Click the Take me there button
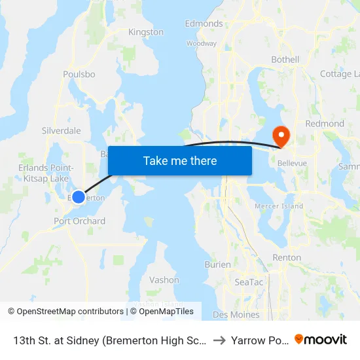180,160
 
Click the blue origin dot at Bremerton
78,197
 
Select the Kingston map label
146,32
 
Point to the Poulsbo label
79,75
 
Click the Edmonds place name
204,24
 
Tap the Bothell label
285,60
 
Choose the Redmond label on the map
325,124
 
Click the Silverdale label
61,131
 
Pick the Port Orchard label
79,221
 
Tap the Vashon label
164,280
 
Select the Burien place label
217,265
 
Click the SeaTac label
249,282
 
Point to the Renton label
287,258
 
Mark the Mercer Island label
279,206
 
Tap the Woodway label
201,44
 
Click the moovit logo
321,339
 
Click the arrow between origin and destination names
219,340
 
